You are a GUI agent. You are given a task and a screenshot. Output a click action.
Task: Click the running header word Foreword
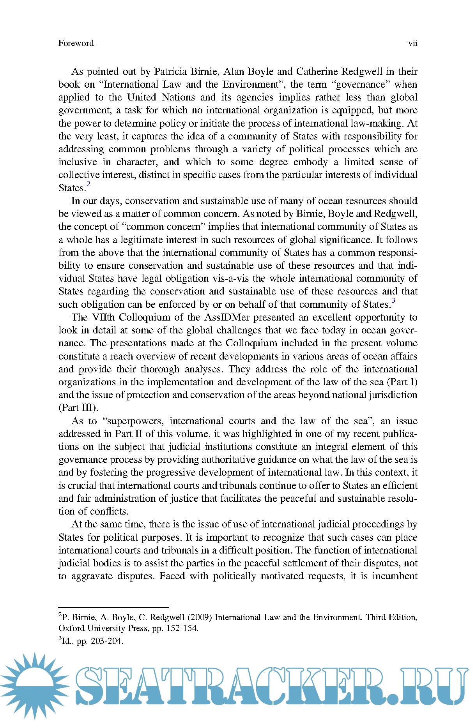click(x=76, y=43)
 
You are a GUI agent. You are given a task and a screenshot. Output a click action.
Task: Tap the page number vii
click(x=412, y=43)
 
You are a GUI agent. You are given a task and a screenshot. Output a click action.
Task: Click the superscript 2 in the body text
click(x=88, y=184)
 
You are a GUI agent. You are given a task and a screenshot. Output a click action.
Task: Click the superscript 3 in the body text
click(x=393, y=300)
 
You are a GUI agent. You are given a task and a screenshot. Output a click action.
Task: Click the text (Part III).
click(x=78, y=408)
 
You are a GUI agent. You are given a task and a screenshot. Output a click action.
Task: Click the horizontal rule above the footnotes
click(x=113, y=607)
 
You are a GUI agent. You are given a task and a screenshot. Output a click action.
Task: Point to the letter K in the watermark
click(x=326, y=686)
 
